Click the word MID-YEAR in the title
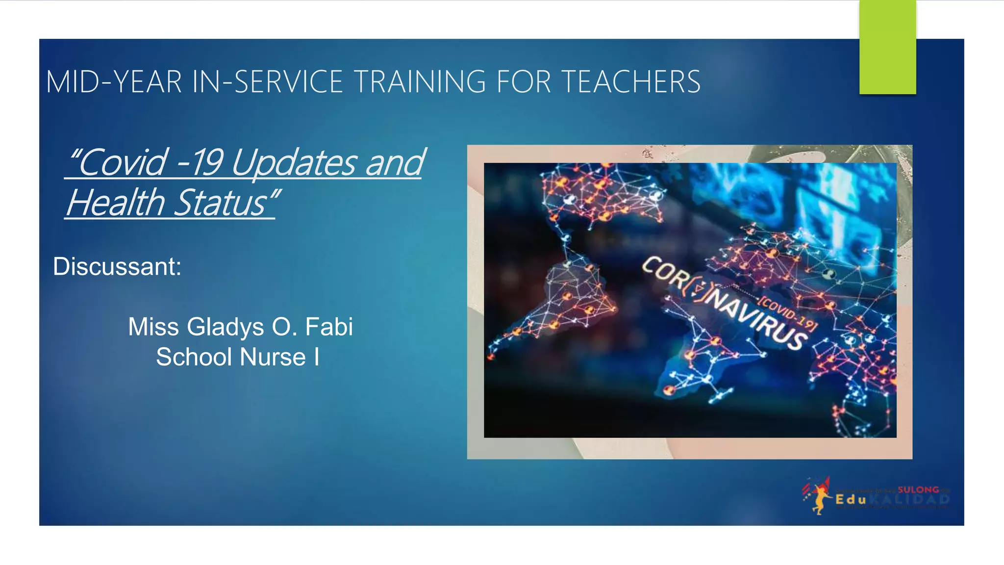[114, 81]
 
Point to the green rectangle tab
[887, 47]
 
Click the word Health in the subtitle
[116, 203]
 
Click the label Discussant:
[117, 267]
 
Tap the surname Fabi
[329, 327]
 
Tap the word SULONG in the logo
[918, 489]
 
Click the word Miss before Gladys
[153, 327]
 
